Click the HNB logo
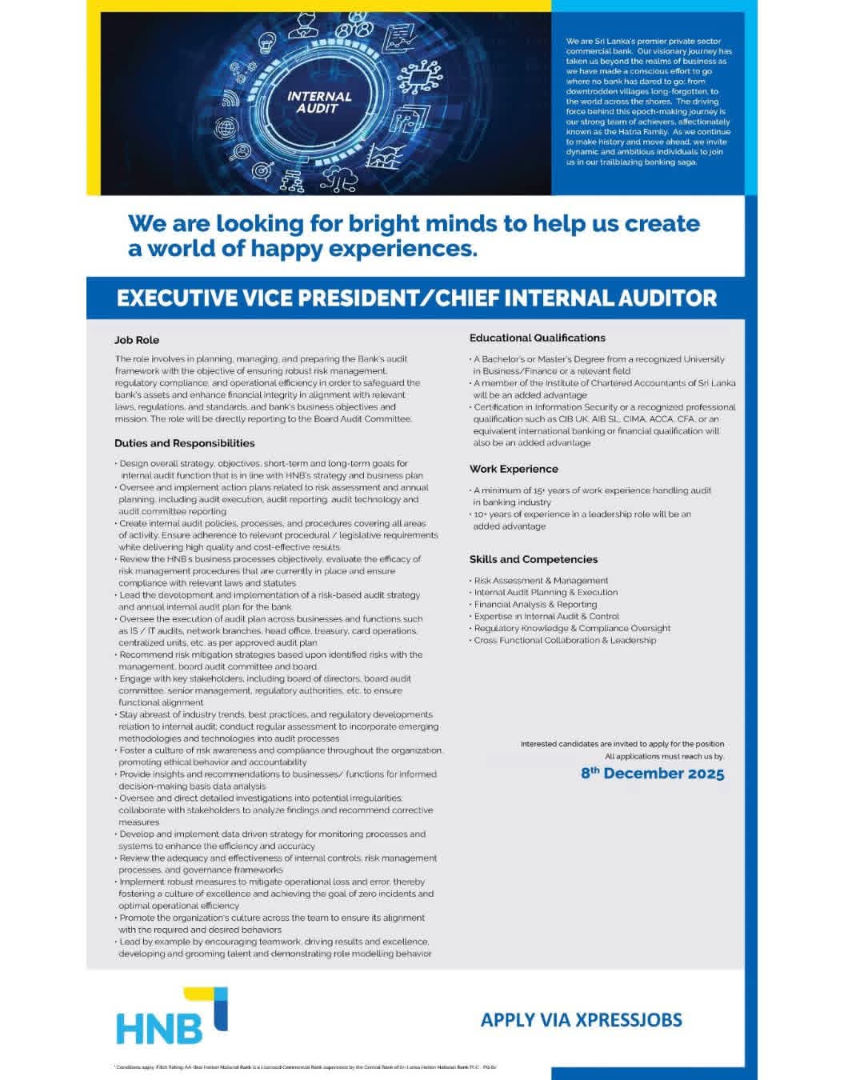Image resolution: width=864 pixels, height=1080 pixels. point(170,1017)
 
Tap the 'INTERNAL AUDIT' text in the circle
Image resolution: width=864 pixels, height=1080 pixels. point(318,102)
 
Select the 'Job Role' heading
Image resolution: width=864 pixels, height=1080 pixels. point(136,340)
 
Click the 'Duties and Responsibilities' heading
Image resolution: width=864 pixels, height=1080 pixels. point(184,443)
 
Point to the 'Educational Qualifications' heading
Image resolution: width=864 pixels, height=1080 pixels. point(537,338)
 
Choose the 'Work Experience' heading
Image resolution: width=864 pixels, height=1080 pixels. point(514,469)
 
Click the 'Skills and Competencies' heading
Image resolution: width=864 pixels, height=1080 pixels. point(533,559)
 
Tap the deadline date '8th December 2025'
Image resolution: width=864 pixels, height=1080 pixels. point(652,774)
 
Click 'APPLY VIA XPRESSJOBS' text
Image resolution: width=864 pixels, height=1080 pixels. point(581,1020)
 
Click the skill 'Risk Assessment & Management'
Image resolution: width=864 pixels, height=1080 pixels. point(541,581)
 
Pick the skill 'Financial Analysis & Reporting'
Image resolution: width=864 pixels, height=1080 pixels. point(535,605)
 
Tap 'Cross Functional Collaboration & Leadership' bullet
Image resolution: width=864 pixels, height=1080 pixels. point(565,640)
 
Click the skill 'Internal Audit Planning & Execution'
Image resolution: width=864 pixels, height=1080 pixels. point(546,593)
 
